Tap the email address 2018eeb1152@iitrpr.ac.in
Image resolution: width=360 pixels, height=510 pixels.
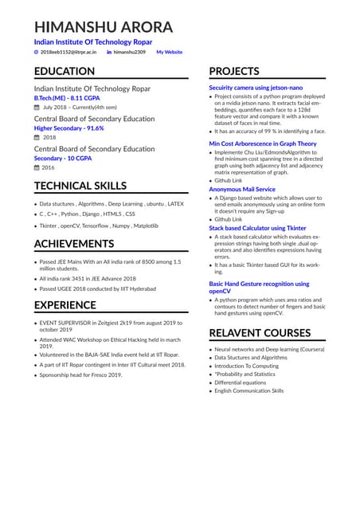[x=68, y=52]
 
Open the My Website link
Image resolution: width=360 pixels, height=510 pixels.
[x=169, y=52]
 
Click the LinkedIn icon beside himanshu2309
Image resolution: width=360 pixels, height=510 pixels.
[x=109, y=52]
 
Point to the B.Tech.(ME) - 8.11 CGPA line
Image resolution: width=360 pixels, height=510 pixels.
[x=66, y=97]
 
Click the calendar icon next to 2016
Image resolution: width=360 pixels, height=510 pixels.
[x=37, y=167]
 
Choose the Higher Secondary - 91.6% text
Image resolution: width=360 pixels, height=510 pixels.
[x=68, y=127]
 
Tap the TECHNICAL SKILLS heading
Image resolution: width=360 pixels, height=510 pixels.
[x=80, y=186]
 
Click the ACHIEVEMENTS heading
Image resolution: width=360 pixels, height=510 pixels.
[x=74, y=243]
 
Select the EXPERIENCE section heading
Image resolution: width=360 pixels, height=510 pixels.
[x=65, y=304]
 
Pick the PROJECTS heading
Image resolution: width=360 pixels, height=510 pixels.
[x=234, y=71]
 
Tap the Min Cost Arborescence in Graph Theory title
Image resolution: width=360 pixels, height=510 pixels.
[x=262, y=143]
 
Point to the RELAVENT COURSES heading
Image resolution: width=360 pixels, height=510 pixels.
[x=260, y=332]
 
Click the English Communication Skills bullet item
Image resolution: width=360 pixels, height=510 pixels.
[x=248, y=390]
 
